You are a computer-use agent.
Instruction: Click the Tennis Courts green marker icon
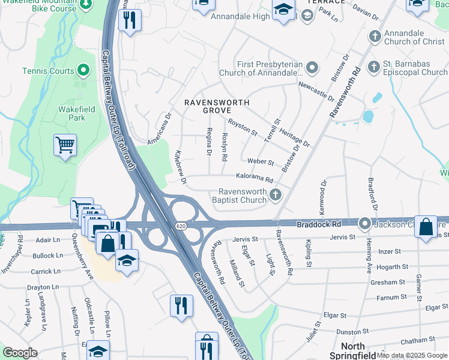point(83,71)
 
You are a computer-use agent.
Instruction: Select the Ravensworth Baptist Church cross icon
point(276,194)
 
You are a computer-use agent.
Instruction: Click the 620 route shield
point(181,226)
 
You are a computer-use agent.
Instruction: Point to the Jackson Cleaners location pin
point(364,224)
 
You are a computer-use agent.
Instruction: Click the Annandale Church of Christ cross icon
point(375,36)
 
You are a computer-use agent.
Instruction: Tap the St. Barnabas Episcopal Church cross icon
point(373,66)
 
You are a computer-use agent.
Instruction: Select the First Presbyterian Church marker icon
point(312,67)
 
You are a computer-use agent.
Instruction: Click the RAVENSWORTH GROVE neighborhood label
point(217,107)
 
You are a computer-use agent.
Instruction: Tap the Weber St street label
point(261,162)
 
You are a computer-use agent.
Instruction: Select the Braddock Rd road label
point(319,224)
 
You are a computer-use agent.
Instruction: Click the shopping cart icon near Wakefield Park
point(65,144)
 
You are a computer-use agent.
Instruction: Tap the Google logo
point(20,353)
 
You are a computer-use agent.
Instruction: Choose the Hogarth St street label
point(393,266)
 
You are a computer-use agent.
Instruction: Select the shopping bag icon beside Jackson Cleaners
point(425,227)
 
